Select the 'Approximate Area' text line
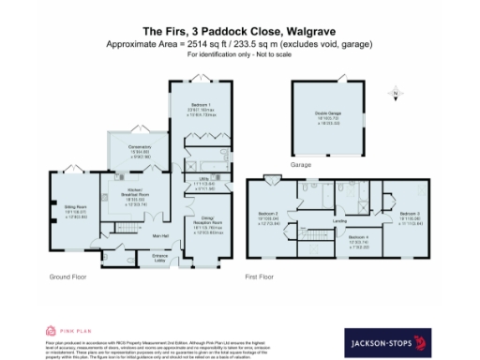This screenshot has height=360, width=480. point(240,44)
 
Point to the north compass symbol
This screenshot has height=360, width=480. point(396,94)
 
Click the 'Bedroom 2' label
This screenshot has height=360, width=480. point(270,215)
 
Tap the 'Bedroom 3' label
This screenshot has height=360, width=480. point(408,215)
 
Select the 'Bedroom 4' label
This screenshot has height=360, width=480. point(358,238)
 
